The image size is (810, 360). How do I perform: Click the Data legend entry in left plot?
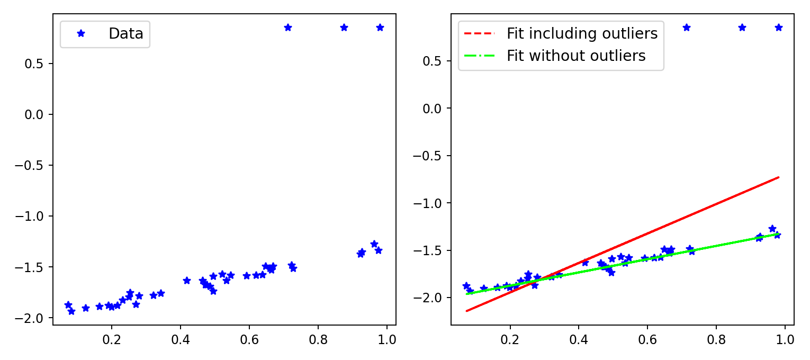(125, 34)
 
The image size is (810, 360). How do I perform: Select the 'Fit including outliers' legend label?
(582, 34)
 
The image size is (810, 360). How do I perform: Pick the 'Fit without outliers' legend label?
(576, 56)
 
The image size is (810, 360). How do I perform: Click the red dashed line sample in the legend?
(479, 34)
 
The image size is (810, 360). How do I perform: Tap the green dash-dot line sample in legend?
(479, 56)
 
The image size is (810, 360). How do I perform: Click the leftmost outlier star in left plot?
(288, 28)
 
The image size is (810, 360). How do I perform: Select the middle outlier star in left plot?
(344, 28)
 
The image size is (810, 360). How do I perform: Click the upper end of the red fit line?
(779, 177)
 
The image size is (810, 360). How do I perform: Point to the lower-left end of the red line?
(466, 311)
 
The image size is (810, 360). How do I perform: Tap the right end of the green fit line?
(779, 233)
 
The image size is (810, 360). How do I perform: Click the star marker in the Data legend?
(81, 33)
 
